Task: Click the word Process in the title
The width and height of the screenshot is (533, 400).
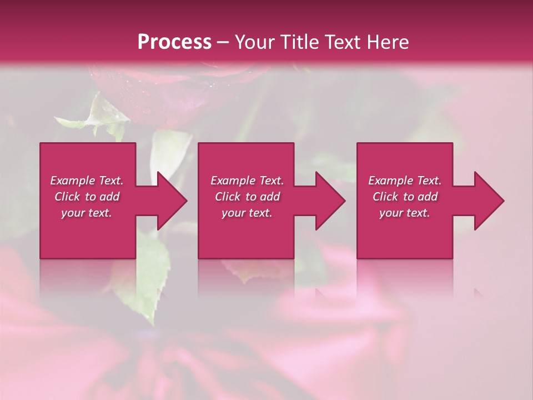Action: [x=174, y=42]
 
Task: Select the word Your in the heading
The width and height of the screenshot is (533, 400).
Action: [x=253, y=42]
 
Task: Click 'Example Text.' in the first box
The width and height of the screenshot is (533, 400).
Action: [x=87, y=181]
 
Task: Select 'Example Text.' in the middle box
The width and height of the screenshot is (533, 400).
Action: [x=247, y=181]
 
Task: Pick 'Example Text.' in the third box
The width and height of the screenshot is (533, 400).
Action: [x=405, y=181]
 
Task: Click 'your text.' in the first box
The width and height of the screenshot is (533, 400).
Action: [x=87, y=213]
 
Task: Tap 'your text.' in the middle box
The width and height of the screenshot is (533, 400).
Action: [x=247, y=213]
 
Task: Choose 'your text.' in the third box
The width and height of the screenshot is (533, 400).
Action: [x=405, y=213]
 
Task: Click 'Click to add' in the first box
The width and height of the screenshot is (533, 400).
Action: [x=87, y=197]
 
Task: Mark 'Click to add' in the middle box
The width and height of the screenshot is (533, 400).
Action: [x=247, y=197]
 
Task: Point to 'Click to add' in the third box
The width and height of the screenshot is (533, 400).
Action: [x=405, y=197]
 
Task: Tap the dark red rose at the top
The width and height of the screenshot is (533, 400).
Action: [x=167, y=92]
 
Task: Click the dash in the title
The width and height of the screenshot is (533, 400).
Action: [x=223, y=43]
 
